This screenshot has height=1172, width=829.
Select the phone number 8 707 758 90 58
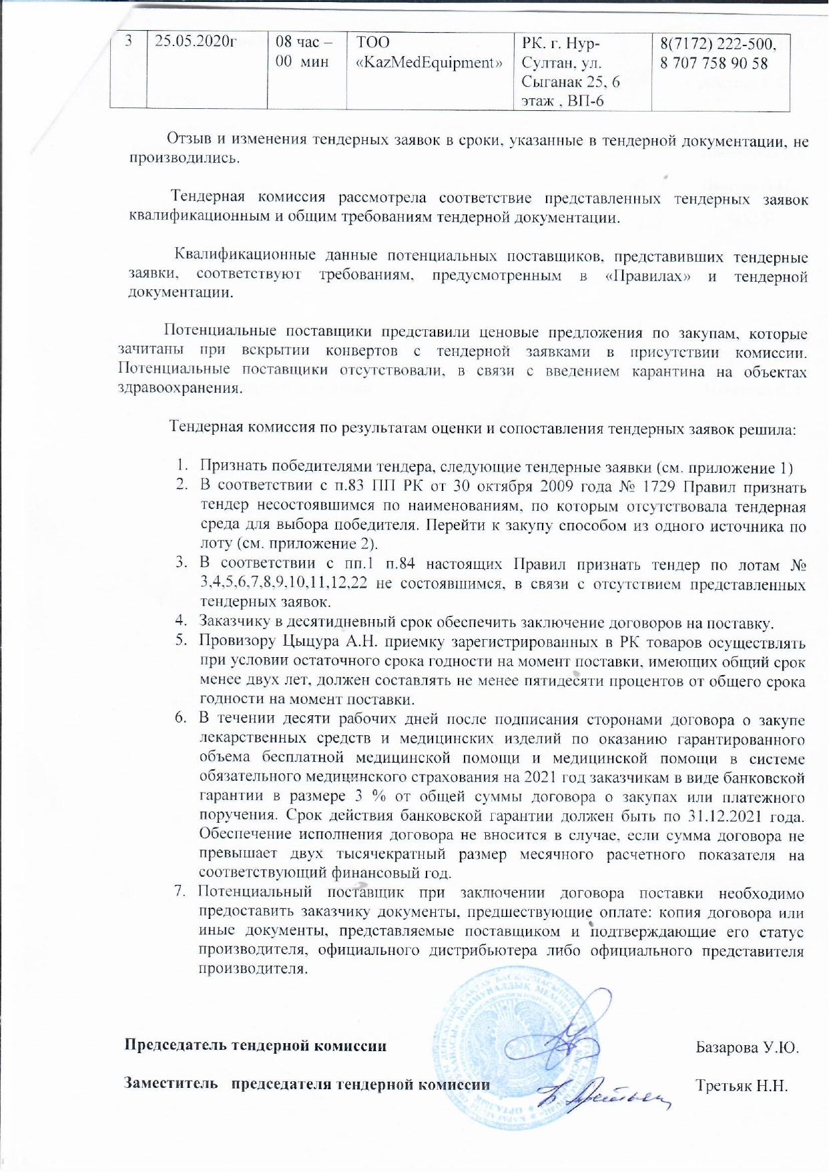click(x=714, y=63)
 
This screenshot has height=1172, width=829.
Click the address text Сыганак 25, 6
click(x=571, y=82)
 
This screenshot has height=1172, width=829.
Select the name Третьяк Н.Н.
click(x=742, y=1085)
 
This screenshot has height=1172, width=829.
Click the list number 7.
click(x=179, y=892)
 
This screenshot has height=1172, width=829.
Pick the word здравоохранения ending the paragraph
click(x=178, y=389)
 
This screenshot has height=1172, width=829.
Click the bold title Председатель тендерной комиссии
click(x=256, y=1046)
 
